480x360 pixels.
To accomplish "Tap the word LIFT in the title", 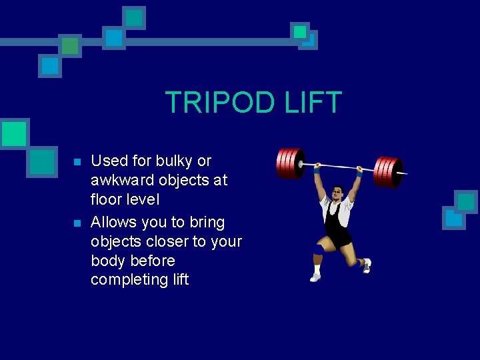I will coord(311,103).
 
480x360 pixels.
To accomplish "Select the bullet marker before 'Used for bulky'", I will coord(77,162).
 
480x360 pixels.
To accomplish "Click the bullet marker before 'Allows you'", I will coord(77,223).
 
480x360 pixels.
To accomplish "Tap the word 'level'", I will coord(144,199).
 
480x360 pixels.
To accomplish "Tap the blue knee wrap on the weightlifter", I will coord(319,249).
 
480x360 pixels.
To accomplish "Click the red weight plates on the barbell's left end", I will coord(288,163).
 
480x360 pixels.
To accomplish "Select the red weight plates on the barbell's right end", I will coord(387,172).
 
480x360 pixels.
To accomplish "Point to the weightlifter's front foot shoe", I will coord(315,276).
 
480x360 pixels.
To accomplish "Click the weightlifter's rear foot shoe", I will coord(366,266).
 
